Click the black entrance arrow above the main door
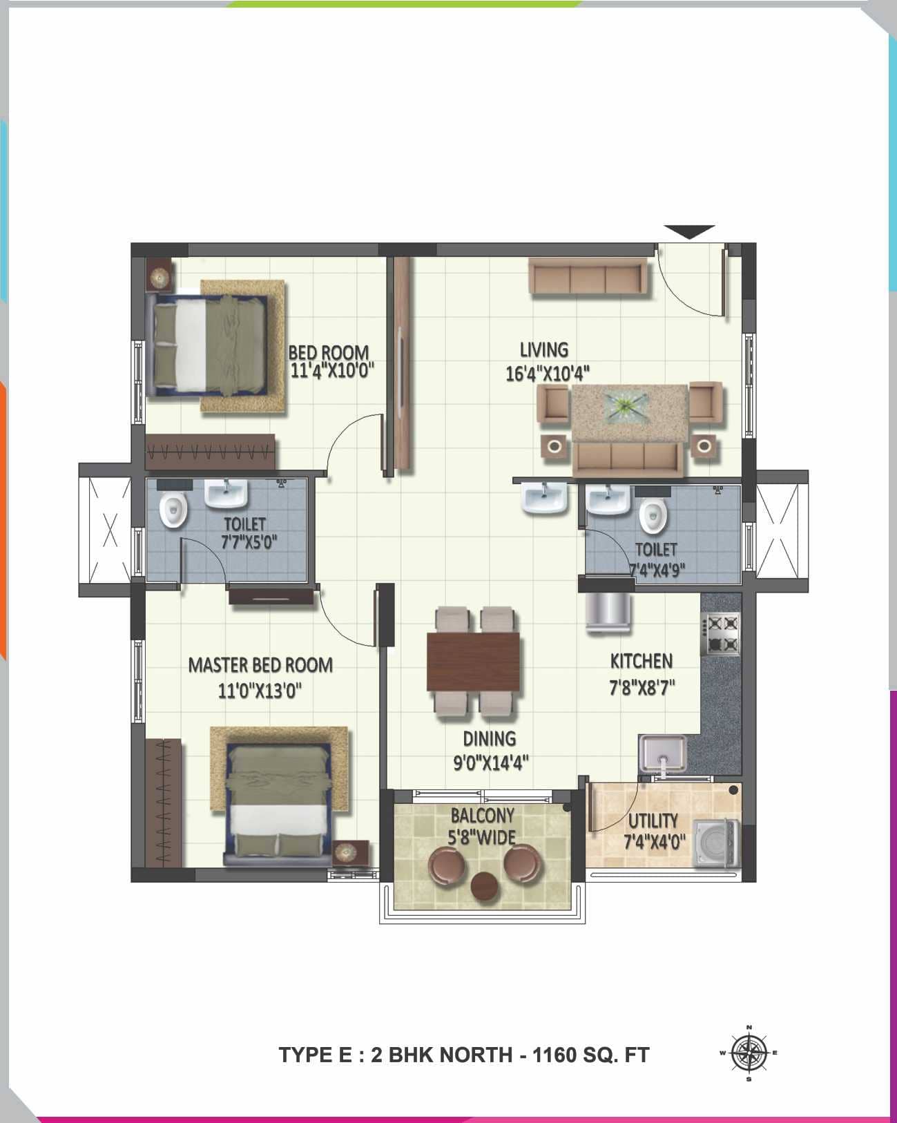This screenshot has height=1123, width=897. coord(689,232)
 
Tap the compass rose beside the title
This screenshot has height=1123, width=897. coord(749,1053)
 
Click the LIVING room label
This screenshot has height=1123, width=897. coord(544,349)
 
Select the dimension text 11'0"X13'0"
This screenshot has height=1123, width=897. coord(260,690)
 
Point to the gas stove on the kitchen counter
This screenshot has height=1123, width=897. coord(721,634)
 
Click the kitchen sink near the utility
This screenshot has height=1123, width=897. coord(662,754)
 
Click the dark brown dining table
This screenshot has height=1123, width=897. coord(473,661)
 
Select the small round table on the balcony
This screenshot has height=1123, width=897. coord(483,885)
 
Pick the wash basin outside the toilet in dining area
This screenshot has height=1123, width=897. coord(545,498)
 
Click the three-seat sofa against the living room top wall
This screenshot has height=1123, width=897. coord(588,278)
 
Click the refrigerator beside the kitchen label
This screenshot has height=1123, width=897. coord(608,611)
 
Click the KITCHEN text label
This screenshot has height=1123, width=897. coord(641,661)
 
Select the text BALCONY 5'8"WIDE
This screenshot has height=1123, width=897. coord(483,826)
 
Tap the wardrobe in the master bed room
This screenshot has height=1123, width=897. coord(164,802)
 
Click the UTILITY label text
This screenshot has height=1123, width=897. coord(653,820)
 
